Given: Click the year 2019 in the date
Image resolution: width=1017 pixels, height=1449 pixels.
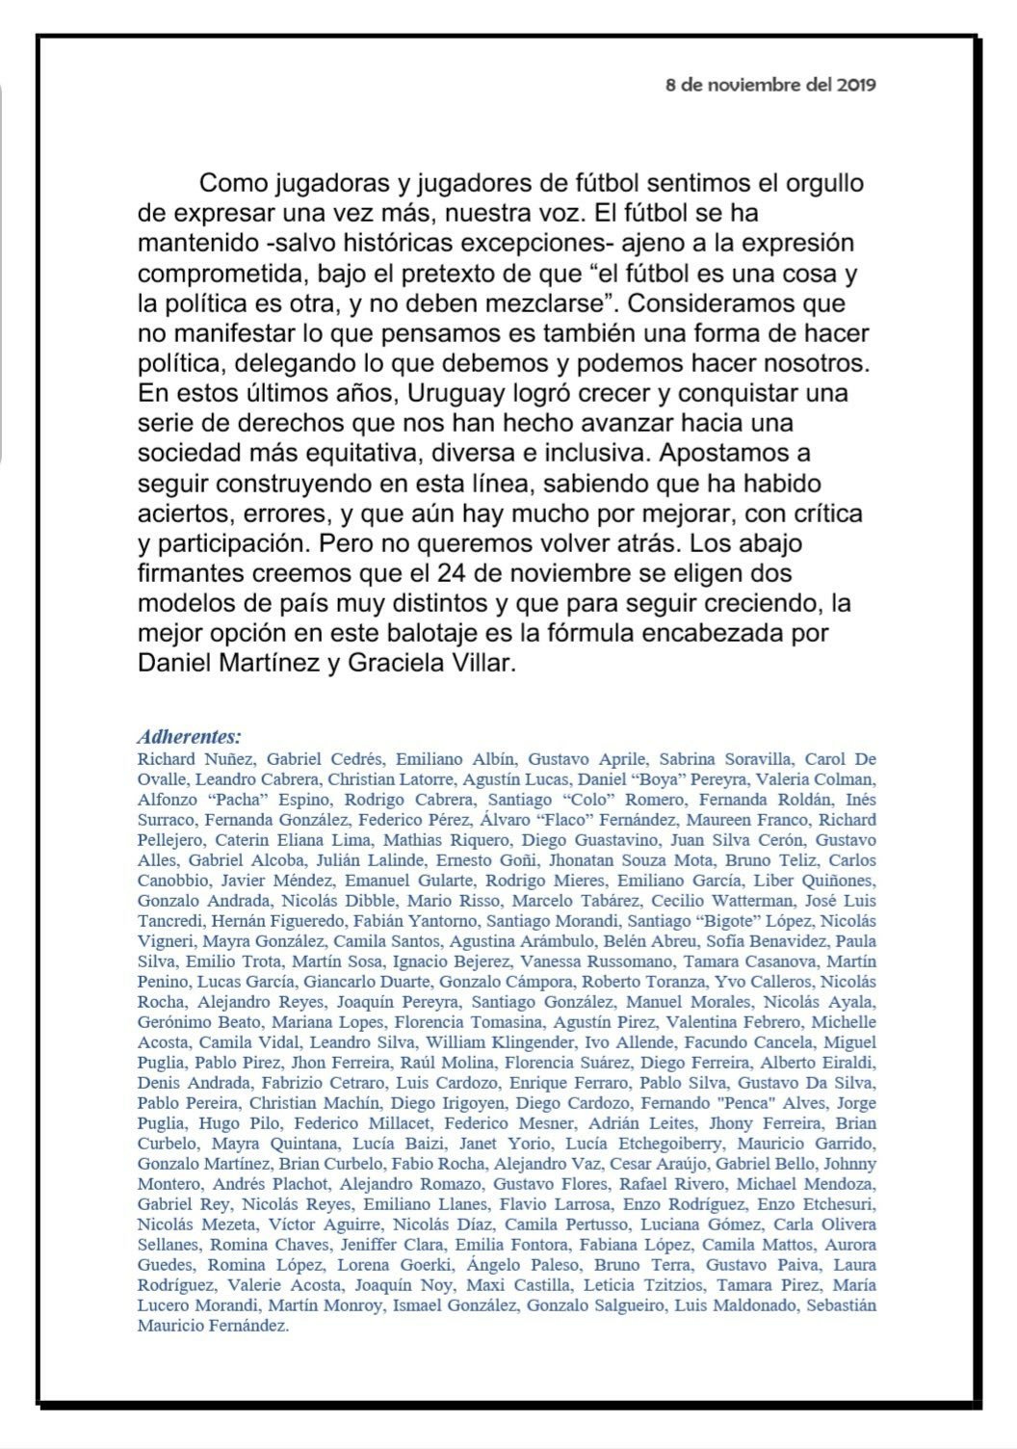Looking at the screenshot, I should (856, 84).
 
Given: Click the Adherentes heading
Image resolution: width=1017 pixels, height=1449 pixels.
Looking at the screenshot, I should (189, 738).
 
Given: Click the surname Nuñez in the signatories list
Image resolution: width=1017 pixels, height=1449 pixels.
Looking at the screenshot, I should (225, 759).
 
